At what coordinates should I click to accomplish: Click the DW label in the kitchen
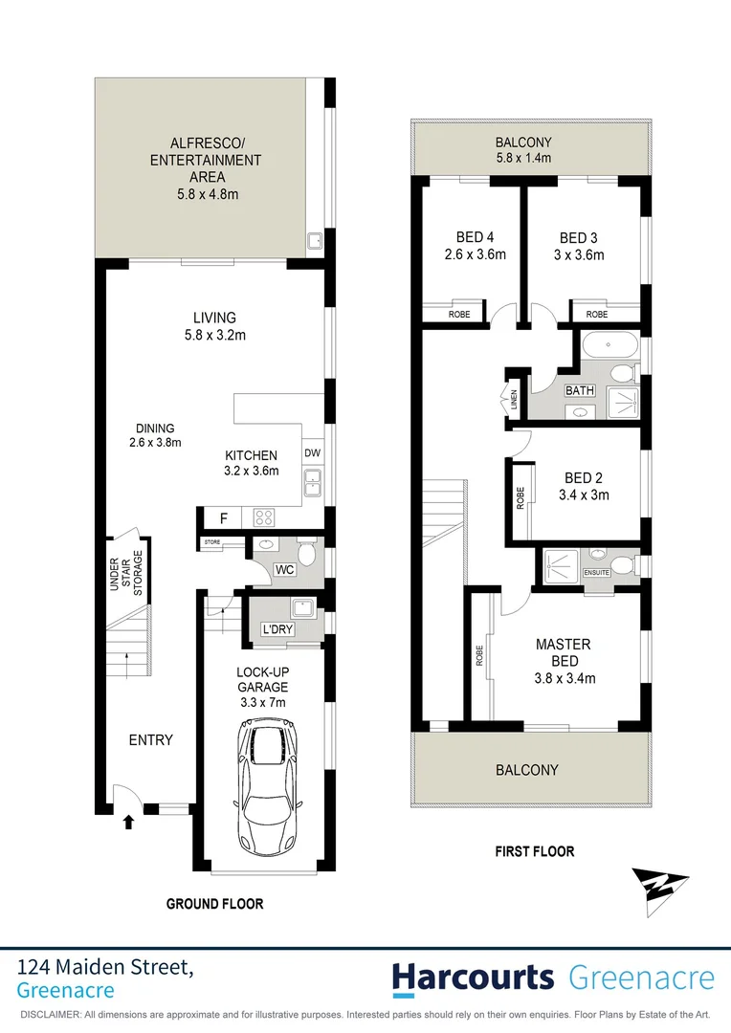tap(312, 453)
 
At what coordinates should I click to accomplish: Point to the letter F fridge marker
tap(223, 519)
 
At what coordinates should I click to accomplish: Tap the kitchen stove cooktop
tap(265, 518)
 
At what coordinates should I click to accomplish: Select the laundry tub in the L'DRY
tap(304, 608)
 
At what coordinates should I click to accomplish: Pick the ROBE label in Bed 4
tap(459, 314)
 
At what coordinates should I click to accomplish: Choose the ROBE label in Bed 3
tap(597, 314)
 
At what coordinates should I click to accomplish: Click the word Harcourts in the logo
tap(473, 978)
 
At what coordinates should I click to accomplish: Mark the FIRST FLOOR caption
tap(534, 851)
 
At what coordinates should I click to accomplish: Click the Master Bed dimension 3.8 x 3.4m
tap(564, 679)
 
